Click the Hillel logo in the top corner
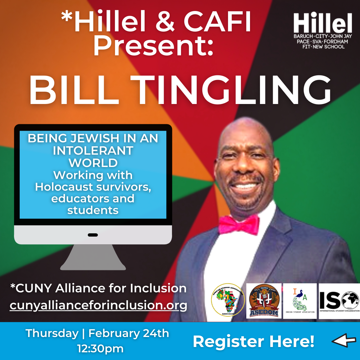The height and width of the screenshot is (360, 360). tap(323, 31)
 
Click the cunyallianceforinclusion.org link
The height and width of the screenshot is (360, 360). tap(98, 305)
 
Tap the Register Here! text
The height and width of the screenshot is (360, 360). tap(253, 341)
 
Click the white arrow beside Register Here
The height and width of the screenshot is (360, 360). tap(344, 341)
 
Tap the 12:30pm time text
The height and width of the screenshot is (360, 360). tap(100, 349)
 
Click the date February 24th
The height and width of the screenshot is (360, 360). tap(129, 333)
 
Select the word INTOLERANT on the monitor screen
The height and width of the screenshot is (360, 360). tap(93, 151)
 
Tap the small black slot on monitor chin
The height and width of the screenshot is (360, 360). tap(93, 235)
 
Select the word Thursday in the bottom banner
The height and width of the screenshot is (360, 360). tap(52, 333)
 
